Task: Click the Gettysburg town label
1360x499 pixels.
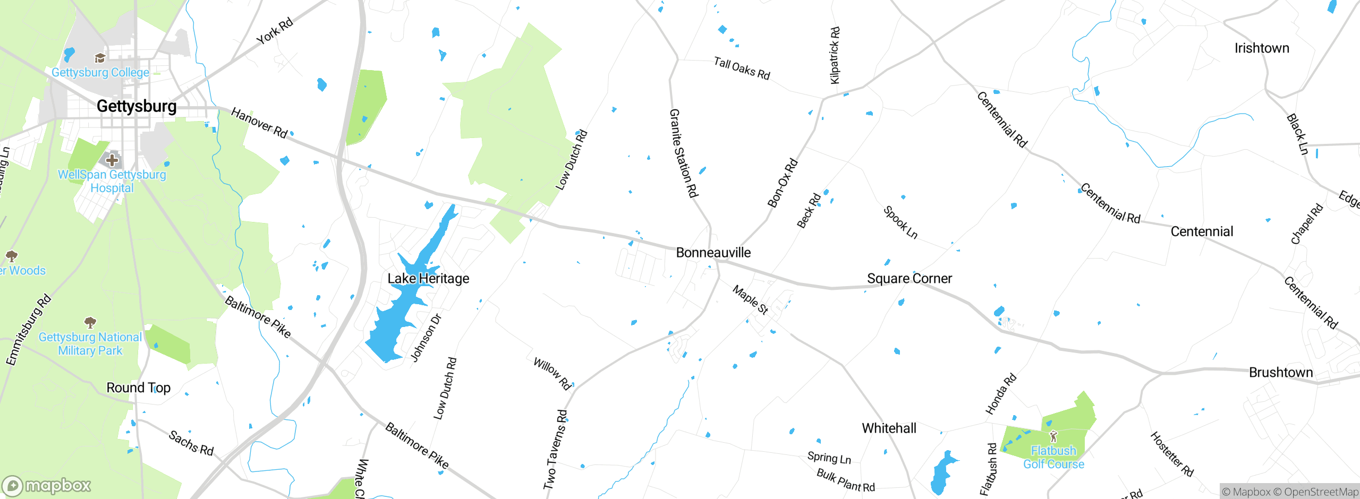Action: (137, 106)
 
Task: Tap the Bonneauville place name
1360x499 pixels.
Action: (713, 253)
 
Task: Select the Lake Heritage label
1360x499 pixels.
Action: (428, 279)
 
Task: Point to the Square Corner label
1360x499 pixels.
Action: (909, 279)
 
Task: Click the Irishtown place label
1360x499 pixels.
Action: (1262, 48)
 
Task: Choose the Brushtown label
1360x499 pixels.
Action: (1281, 373)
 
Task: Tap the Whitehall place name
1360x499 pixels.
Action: (889, 428)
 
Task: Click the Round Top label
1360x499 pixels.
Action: (139, 388)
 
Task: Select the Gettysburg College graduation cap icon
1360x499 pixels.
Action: (100, 58)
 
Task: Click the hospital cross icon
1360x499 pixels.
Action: (112, 159)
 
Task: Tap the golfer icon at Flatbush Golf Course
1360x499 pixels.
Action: (1053, 437)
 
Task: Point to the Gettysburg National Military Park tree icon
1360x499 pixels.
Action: (90, 322)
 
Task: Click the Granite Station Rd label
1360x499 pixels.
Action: (683, 153)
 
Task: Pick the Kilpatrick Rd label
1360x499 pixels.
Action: (835, 55)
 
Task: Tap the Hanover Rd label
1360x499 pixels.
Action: (259, 123)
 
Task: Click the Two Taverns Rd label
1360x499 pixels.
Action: (555, 449)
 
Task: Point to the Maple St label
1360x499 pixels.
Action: (750, 300)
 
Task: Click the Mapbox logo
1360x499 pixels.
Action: (47, 486)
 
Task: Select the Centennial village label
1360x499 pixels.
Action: (1202, 232)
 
